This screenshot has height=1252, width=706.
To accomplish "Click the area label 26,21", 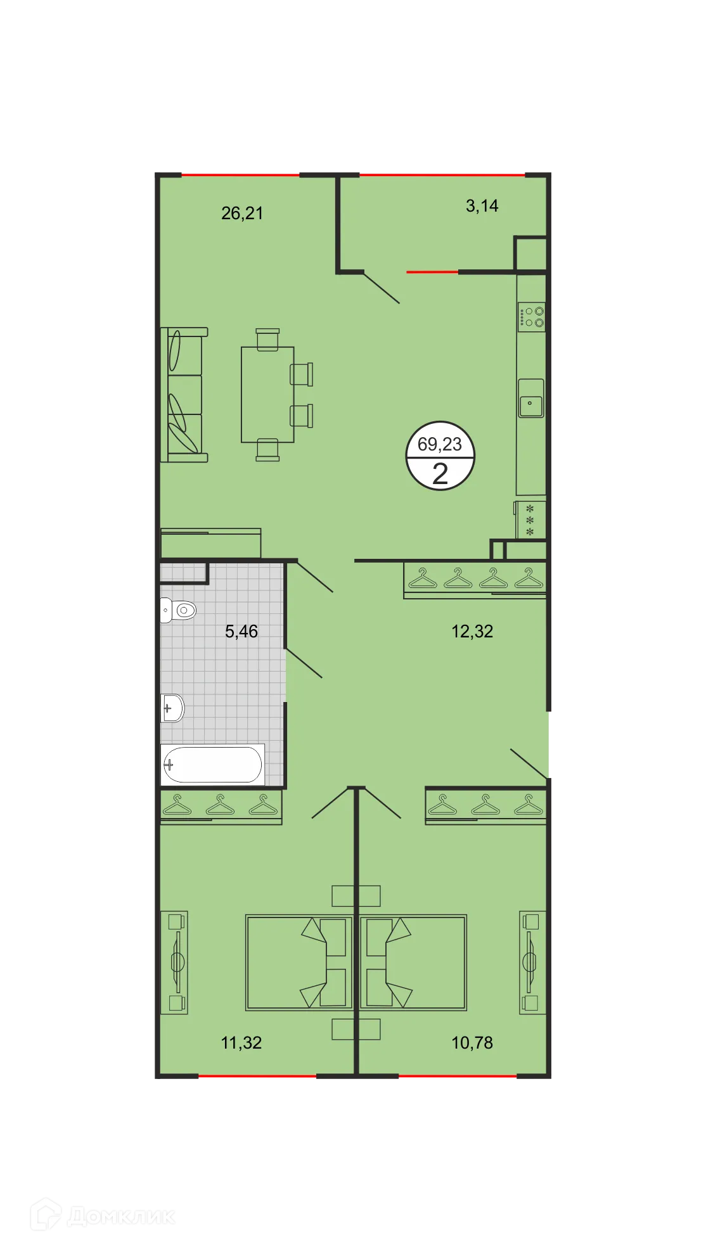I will coord(242,214).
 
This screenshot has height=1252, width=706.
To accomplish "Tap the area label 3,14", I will coord(482,206).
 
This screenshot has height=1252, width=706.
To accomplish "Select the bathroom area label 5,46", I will coord(241,631).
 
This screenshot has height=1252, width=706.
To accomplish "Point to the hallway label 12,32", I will coord(472,631).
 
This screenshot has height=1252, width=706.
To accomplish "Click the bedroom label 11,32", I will coord(241,1042).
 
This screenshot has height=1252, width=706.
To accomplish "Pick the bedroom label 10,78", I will coord(472,1042).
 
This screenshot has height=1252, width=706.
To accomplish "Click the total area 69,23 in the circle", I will coord(440,444).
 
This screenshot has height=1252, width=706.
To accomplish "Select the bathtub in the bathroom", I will coord(212,764).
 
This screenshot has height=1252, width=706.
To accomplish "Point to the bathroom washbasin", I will coord(172,708).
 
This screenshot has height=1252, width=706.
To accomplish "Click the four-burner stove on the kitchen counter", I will coord(532,317).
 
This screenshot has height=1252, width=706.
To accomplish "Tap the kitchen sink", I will coord(531,399).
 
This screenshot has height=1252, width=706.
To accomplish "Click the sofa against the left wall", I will coord(184,395).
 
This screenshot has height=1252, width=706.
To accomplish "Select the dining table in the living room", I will coord(267,394).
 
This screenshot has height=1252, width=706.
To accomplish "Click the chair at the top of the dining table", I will coord(267,338).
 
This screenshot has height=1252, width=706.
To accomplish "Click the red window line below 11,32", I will coord(257,1076).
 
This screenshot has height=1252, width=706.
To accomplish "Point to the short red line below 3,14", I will coord(432,272).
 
